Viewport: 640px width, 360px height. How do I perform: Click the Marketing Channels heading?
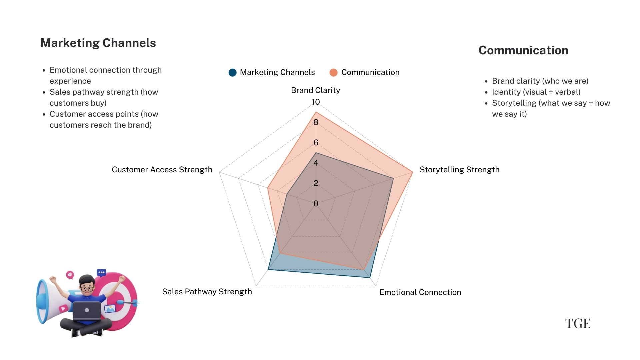coord(98,43)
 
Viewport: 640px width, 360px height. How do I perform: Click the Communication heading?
coord(523,50)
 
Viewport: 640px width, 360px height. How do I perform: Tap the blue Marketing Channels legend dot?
coord(232,72)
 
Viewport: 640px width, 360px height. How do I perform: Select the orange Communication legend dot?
coord(333,72)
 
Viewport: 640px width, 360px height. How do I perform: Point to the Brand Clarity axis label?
coord(315,90)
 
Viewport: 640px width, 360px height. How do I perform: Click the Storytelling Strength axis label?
coord(459,170)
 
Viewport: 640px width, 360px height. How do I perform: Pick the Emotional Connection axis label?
coord(420,292)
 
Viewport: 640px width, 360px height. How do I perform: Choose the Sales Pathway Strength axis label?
coord(207,292)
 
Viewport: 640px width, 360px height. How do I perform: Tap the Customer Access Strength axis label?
coord(162,170)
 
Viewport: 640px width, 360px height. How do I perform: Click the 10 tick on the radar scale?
coord(316,102)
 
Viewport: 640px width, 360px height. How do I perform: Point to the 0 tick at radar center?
coord(316,203)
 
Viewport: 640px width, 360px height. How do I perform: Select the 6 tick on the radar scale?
coord(316,143)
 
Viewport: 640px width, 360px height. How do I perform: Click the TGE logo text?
coord(578,323)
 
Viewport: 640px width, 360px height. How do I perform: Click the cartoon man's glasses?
coord(87,289)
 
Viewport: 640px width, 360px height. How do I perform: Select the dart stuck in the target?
coord(127,303)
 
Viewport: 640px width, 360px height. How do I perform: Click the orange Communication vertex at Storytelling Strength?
coord(412,172)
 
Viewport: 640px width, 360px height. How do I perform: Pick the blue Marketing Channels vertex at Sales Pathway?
coord(268,269)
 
